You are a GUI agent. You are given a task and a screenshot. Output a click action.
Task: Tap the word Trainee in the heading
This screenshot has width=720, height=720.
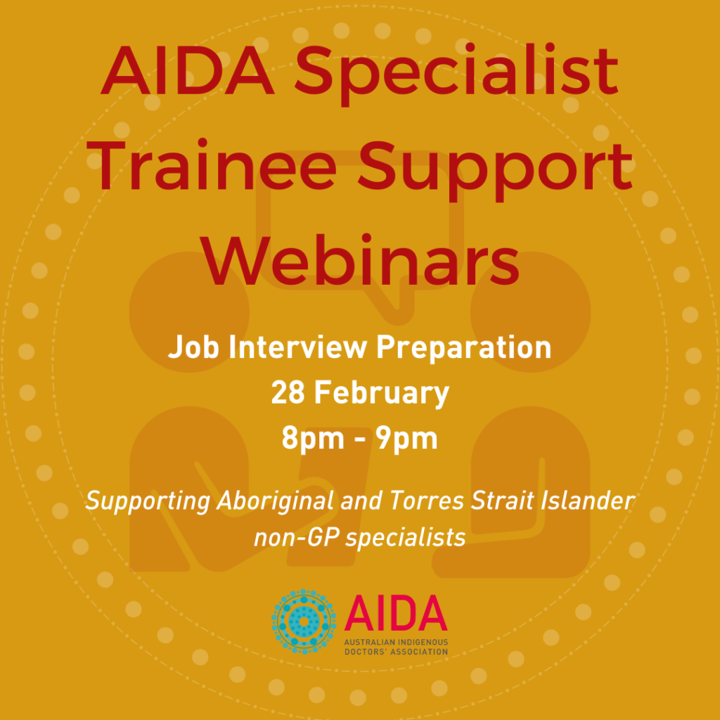212,166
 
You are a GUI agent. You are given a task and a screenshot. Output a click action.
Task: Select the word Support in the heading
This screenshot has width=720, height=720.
496,172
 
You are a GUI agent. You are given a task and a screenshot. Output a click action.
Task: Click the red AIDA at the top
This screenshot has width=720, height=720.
188,70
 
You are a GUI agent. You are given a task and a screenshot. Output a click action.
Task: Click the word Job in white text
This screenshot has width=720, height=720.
193,347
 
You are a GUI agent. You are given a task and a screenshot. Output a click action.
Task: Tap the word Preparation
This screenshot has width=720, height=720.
464,348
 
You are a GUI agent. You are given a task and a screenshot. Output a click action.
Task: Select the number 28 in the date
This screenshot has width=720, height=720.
288,393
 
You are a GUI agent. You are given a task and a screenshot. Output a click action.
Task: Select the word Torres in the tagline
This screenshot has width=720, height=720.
427,500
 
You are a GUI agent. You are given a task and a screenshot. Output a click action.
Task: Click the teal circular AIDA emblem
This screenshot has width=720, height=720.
304,622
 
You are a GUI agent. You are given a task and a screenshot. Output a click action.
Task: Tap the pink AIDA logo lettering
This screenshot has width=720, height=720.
396,613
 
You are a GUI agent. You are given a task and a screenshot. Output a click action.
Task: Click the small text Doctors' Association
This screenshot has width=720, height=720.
396,652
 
